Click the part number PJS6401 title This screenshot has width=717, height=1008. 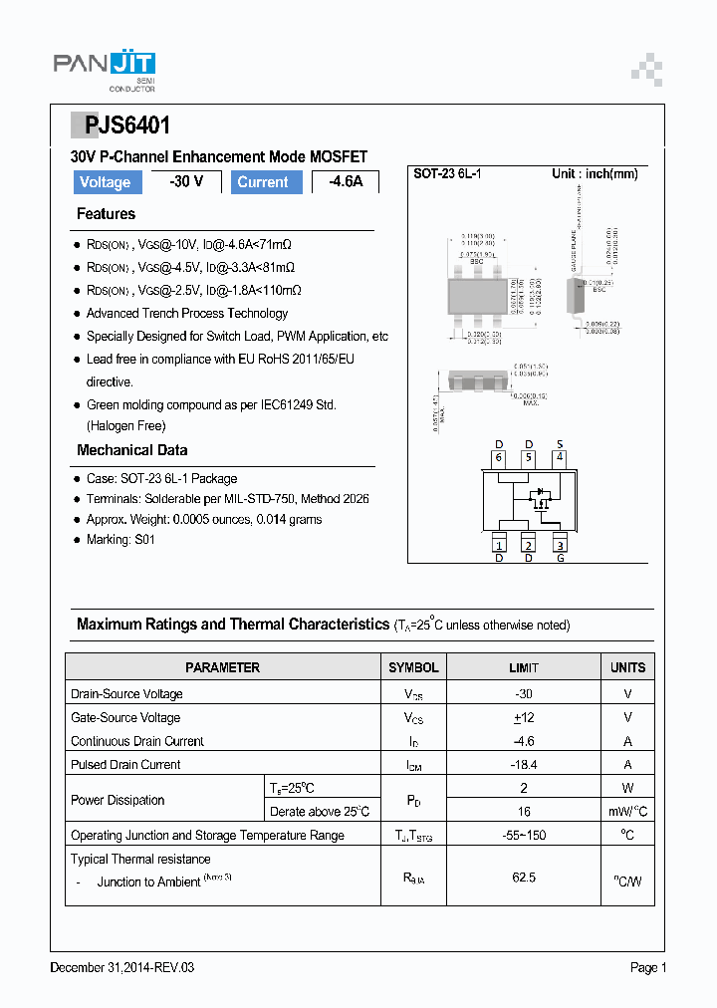coord(120,126)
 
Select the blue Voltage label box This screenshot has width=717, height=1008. coord(105,182)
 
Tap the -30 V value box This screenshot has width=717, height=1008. coord(185,182)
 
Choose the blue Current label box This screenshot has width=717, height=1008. coord(263,182)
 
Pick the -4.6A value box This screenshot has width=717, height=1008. coord(346,182)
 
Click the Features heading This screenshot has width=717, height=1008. coord(106,214)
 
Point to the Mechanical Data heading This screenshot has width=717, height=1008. coord(131,450)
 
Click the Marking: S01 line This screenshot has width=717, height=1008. coord(120,539)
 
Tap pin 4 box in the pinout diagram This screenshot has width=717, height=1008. coord(560,458)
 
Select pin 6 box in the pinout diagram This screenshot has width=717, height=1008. coord(499,458)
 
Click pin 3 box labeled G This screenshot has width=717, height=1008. coord(560,544)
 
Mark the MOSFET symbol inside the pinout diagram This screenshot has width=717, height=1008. coord(541,498)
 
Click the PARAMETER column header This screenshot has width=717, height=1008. coord(222,667)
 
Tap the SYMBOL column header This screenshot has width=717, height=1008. coord(413,667)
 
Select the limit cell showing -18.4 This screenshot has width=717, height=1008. coord(524,764)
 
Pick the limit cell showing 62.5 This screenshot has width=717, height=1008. coord(524,877)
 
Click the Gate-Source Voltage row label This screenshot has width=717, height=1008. coord(125,717)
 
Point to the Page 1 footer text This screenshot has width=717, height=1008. coord(647,967)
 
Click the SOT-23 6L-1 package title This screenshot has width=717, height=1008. coord(448,173)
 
